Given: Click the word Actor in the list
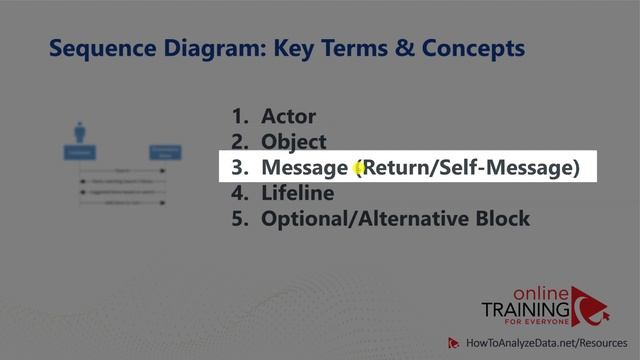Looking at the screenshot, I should (290, 117).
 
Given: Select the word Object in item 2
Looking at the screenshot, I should (294, 142).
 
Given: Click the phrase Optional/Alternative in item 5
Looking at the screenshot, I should (364, 218).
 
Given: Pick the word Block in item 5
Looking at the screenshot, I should (501, 218).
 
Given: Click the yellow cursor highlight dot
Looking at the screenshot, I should (357, 169).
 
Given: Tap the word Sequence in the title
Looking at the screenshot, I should (96, 47).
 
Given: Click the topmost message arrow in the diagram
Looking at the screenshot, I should (122, 173).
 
